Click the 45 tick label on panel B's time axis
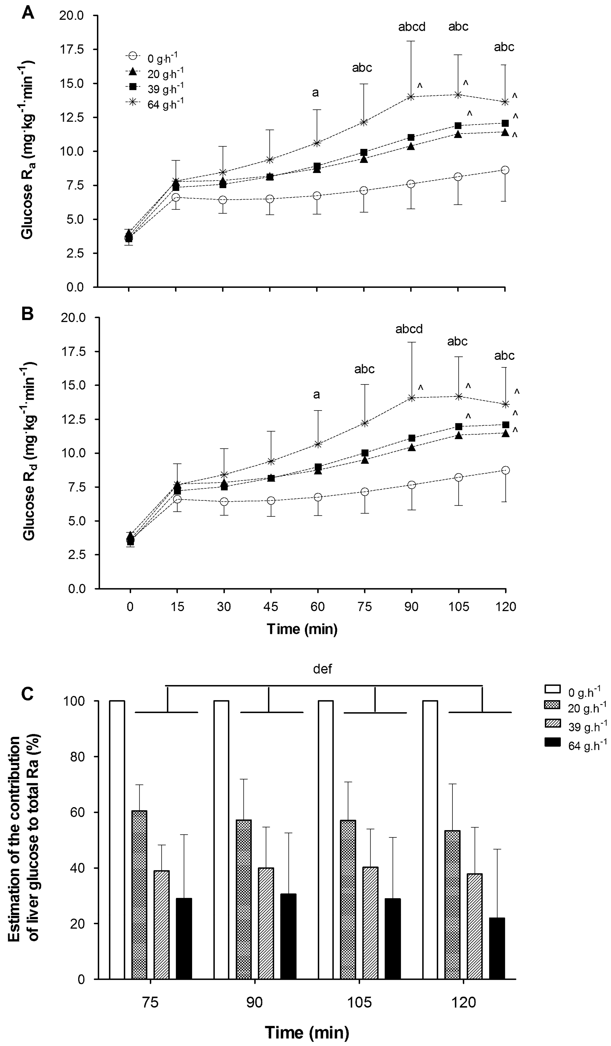coord(271,607)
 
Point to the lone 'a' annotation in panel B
coord(316,394)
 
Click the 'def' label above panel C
coord(323,669)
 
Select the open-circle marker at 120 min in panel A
coord(505,170)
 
